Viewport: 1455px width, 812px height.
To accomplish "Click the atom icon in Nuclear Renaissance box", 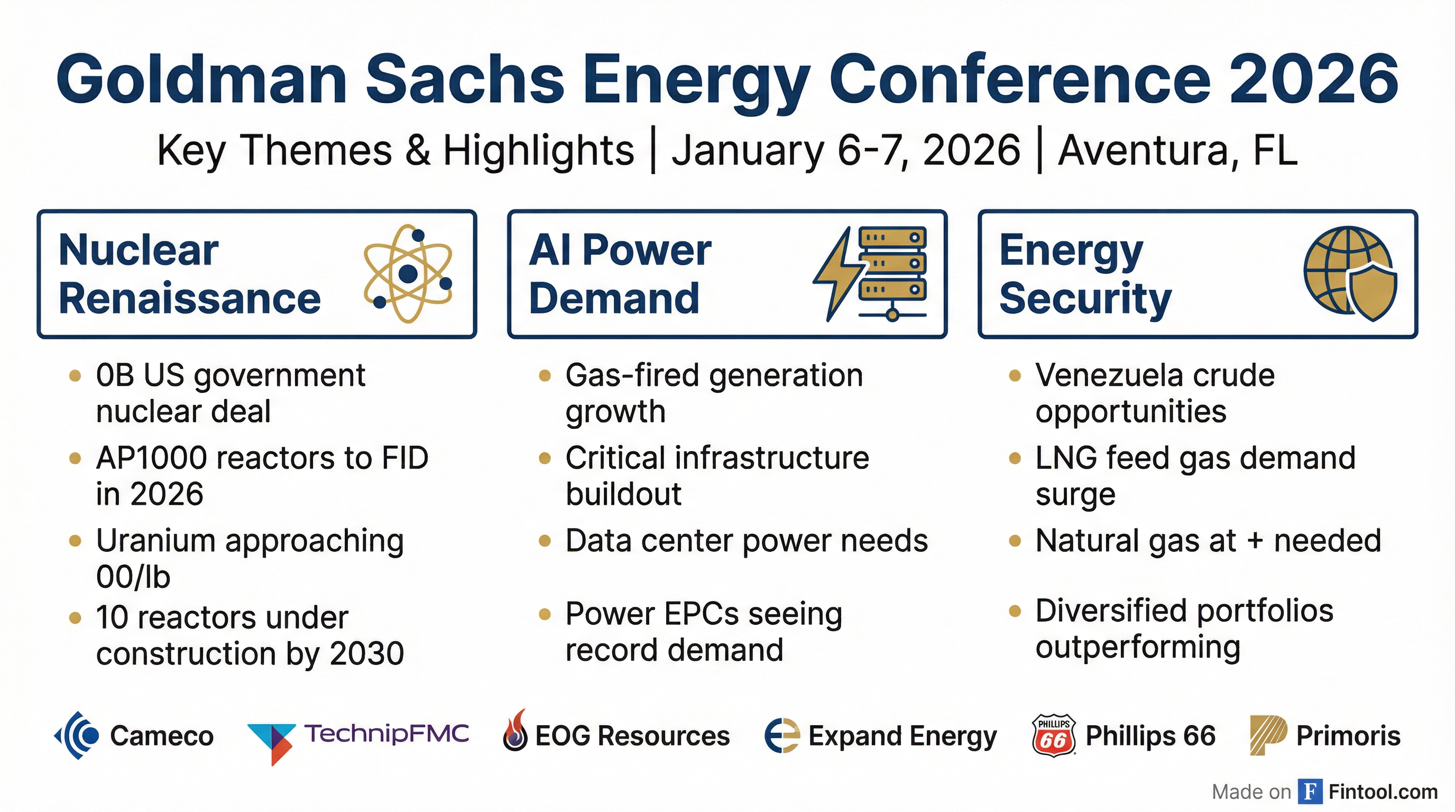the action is pos(408,274).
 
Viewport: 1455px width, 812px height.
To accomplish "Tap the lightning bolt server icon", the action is pos(870,274).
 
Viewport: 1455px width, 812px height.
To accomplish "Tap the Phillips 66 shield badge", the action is pos(1053,735).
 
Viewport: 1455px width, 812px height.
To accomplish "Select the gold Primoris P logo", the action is pos(1268,735).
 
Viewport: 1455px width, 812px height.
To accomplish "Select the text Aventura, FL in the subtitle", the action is pos(1177,150).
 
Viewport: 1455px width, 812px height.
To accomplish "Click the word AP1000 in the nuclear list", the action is pos(151,458).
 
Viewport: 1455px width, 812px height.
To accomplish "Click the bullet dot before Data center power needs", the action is pos(545,541).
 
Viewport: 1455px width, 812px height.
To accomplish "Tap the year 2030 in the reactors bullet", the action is pos(367,653).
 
